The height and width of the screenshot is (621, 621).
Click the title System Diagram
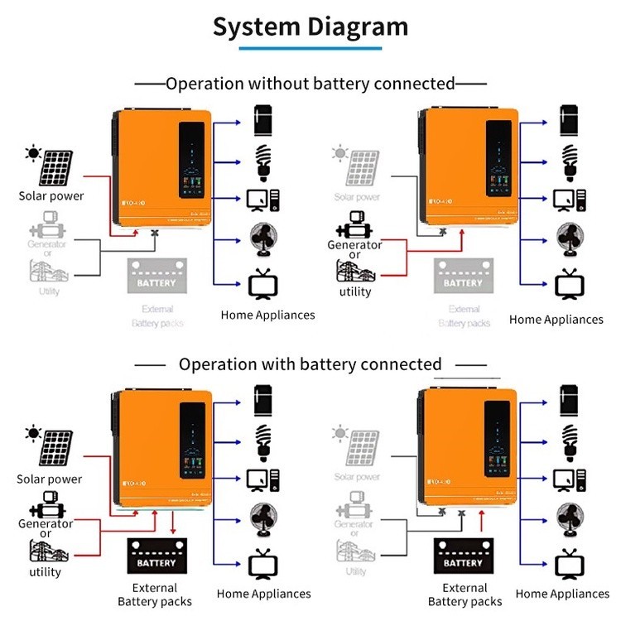[310, 26]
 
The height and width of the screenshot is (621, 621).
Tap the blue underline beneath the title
[310, 50]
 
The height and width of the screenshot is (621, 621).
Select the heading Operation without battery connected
[310, 84]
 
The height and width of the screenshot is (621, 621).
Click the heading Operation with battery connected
[310, 364]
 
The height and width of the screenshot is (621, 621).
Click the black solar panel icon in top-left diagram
[58, 169]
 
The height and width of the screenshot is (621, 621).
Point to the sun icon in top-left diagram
[33, 153]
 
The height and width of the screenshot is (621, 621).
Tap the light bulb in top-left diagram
[264, 162]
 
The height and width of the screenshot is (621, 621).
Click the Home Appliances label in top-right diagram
[556, 320]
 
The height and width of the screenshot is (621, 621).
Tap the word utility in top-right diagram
[355, 291]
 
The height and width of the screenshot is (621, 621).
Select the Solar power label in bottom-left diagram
[50, 479]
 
